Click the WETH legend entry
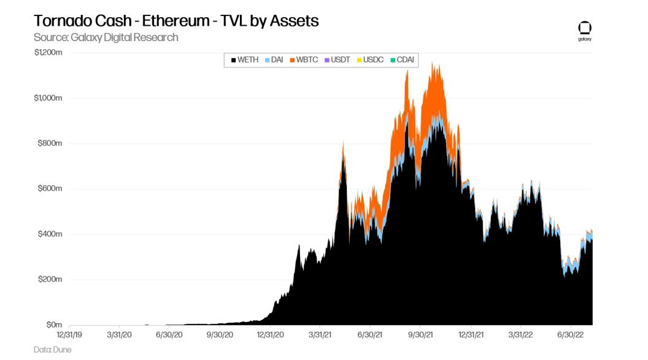point(245,59)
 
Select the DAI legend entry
point(274,59)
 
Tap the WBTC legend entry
point(304,59)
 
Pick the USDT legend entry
point(337,59)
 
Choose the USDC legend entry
point(370,59)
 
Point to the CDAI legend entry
point(402,59)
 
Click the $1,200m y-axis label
point(48,53)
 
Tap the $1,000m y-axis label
point(48,98)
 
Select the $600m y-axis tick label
point(50,189)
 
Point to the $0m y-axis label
point(55,325)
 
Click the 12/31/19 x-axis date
point(70,335)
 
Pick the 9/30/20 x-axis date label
point(220,335)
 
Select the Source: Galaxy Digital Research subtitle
point(106,37)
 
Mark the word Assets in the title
point(297,20)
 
